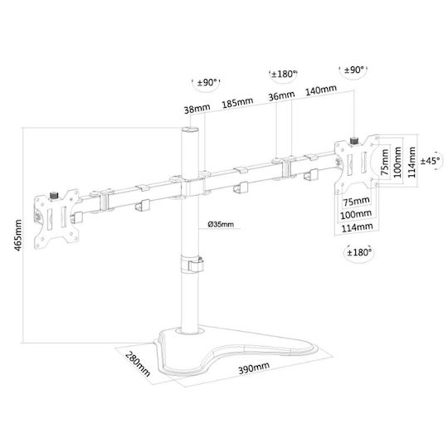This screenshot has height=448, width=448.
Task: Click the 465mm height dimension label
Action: tap(17, 235)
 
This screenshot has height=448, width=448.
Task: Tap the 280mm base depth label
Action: tap(138, 363)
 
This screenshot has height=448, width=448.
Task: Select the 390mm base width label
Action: tap(254, 368)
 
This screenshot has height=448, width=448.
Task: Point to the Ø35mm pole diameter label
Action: tap(221, 224)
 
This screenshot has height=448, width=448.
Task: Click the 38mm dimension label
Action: tap(197, 109)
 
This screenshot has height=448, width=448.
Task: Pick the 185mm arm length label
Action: tap(238, 103)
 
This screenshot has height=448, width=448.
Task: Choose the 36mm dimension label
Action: tap(281, 95)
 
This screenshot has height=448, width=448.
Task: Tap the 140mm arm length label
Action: tap(321, 90)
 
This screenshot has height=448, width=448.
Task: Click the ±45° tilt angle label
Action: tap(431, 161)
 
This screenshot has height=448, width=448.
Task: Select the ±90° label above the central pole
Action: tap(207, 83)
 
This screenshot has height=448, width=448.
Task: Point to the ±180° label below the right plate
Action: tap(359, 252)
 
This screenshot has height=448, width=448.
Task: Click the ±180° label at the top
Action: tap(284, 75)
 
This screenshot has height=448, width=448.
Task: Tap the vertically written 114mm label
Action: tap(411, 162)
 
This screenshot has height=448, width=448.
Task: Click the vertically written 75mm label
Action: tap(385, 163)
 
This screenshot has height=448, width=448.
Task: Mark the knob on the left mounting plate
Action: tap(53, 196)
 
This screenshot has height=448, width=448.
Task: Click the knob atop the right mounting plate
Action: tap(354, 141)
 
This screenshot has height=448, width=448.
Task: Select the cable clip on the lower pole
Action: tap(192, 265)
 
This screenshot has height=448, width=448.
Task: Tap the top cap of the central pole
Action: tap(190, 129)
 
